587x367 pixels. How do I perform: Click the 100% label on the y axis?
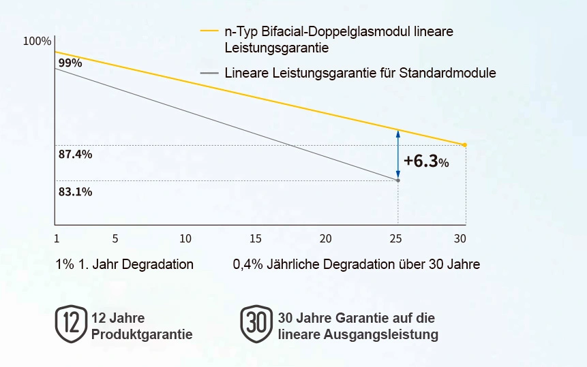[x=37, y=42]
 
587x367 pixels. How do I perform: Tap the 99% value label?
[x=70, y=63]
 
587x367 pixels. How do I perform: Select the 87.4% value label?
[x=75, y=155]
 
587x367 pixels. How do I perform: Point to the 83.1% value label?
[x=75, y=192]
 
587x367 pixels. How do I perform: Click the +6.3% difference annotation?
[x=425, y=161]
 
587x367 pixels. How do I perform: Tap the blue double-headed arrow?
[x=398, y=155]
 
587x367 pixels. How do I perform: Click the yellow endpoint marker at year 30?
[x=465, y=145]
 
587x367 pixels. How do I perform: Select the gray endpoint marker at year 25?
[x=398, y=180]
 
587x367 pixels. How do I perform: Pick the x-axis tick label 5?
[x=115, y=238]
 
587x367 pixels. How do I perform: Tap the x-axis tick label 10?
[x=185, y=238]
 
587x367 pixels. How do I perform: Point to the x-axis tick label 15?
[x=256, y=238]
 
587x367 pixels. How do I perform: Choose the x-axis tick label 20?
[x=326, y=238]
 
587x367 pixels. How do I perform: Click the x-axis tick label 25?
[x=396, y=238]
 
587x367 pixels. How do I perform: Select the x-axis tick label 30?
[x=460, y=238]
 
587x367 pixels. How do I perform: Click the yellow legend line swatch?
[x=209, y=31]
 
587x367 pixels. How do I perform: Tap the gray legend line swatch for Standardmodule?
[x=209, y=73]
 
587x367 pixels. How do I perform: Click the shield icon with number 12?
[x=71, y=323]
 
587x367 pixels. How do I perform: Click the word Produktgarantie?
[x=142, y=334]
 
